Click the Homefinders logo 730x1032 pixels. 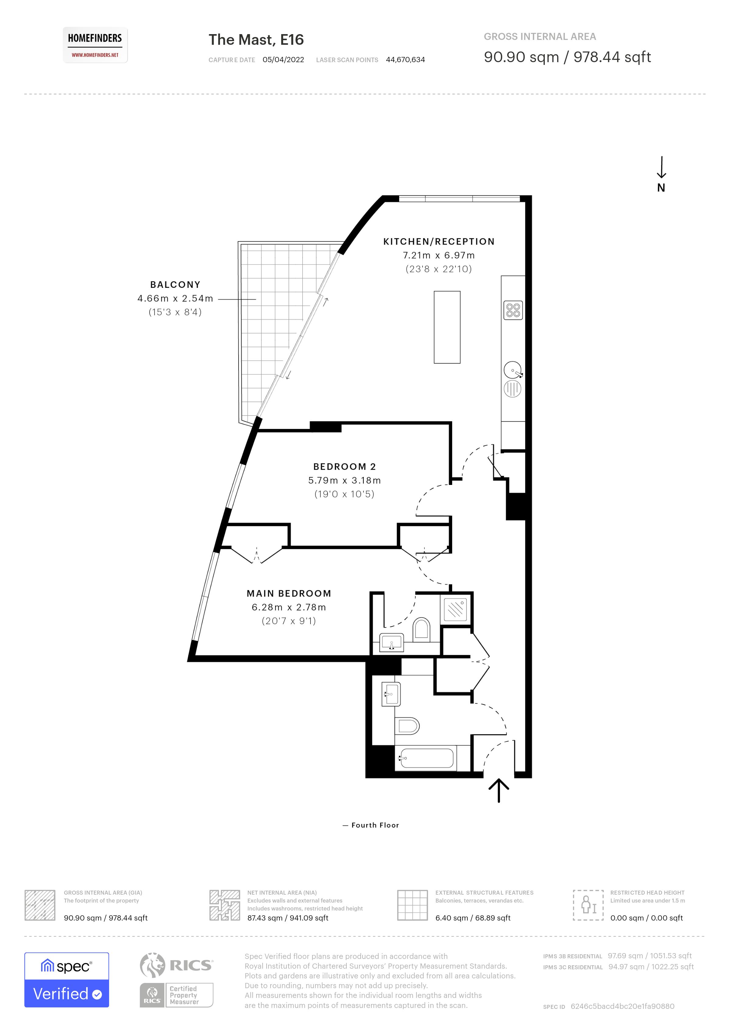(x=95, y=45)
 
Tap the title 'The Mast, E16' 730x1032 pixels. (x=256, y=40)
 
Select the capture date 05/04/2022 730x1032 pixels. (x=283, y=60)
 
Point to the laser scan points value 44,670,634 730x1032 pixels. (x=405, y=60)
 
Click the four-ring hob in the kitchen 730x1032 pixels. (x=513, y=310)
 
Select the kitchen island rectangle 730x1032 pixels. (x=447, y=327)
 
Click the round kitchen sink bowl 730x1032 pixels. (x=512, y=370)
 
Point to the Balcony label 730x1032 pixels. (x=175, y=285)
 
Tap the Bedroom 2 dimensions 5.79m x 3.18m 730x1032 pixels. (x=344, y=480)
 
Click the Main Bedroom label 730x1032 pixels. (x=289, y=593)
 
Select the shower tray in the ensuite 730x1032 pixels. (x=455, y=610)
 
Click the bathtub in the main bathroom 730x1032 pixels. (x=426, y=758)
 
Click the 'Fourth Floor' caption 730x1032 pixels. (x=375, y=825)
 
